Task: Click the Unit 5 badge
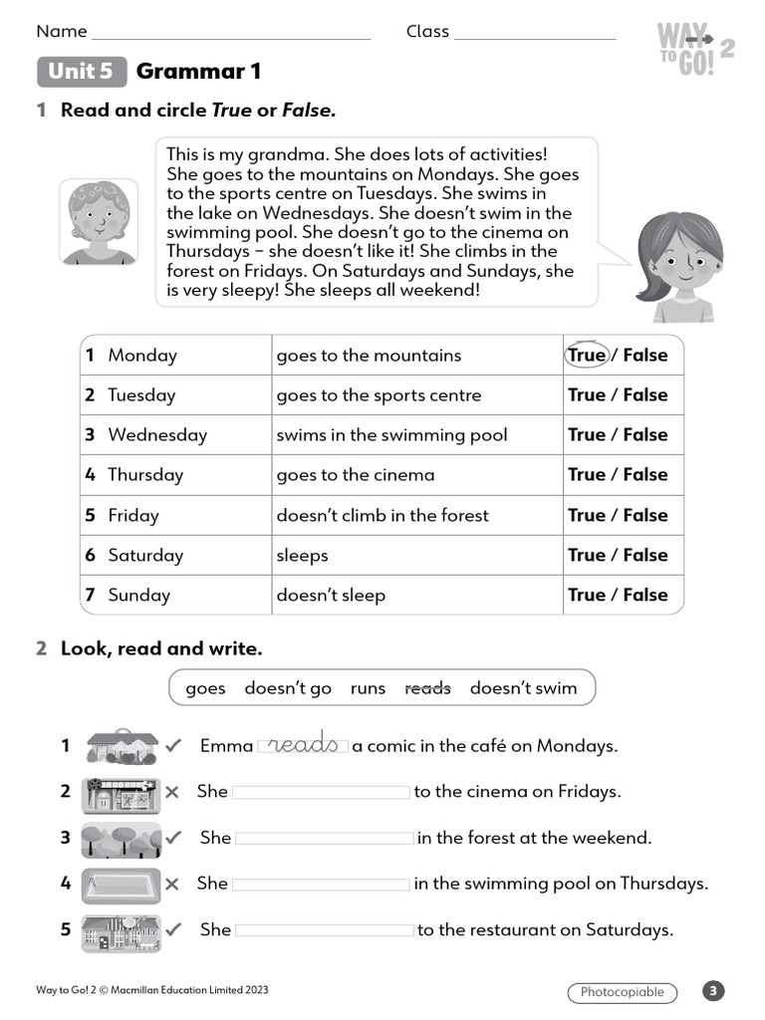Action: [82, 72]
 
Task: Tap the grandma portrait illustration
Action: [99, 221]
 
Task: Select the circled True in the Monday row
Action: [587, 355]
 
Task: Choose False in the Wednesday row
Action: [645, 435]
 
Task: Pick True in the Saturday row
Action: [587, 555]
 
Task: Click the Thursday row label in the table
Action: [145, 475]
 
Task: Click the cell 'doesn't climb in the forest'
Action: [382, 515]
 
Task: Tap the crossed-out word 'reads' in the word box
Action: [427, 688]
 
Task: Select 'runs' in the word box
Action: [368, 688]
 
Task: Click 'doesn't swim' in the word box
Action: [523, 688]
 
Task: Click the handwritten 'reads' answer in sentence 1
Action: [303, 745]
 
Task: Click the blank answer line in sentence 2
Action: [321, 792]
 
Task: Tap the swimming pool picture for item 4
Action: [121, 884]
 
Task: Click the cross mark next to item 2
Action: [172, 792]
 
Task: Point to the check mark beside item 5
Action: [174, 929]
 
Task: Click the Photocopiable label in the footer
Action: [623, 992]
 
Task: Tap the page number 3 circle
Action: [713, 991]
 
